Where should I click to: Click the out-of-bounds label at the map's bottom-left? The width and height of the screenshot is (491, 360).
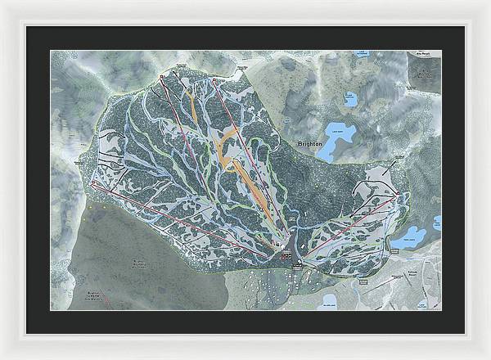tap(98, 294)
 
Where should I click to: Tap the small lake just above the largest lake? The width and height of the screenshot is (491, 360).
tap(350, 100)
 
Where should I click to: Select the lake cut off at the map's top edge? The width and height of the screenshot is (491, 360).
tap(359, 54)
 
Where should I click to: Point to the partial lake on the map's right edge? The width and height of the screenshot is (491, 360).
tap(437, 223)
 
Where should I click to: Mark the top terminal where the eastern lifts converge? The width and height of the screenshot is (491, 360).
tap(396, 196)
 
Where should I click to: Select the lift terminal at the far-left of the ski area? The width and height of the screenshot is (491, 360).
tap(92, 185)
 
